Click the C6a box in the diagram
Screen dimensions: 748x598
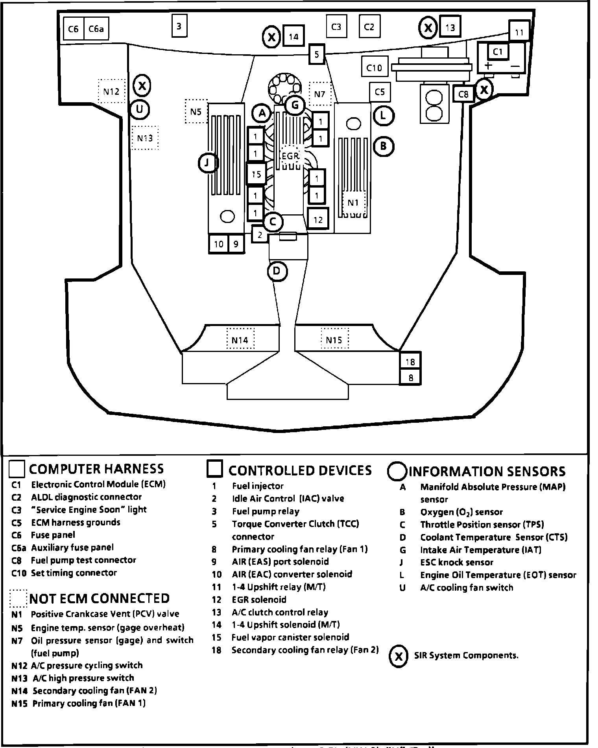(x=96, y=29)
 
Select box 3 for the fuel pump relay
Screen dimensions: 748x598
(x=179, y=26)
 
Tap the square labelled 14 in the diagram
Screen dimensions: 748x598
(x=293, y=37)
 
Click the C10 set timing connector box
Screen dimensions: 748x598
(x=374, y=68)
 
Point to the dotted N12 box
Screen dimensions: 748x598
(x=111, y=91)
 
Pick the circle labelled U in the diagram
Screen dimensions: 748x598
(x=140, y=109)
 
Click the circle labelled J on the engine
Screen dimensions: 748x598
(x=208, y=162)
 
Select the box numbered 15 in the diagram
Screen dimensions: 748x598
(x=256, y=174)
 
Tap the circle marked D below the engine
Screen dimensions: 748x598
(x=277, y=271)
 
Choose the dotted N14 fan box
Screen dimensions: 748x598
(x=240, y=339)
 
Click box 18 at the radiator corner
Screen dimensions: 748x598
(x=410, y=361)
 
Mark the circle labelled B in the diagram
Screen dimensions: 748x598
(x=383, y=146)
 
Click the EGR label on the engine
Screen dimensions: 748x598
(x=290, y=156)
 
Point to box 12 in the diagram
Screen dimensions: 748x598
(x=318, y=219)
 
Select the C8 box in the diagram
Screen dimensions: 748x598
(x=463, y=94)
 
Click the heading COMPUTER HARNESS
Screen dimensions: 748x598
(x=96, y=468)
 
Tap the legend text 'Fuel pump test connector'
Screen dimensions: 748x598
(x=83, y=560)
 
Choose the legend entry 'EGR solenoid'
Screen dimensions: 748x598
(x=259, y=599)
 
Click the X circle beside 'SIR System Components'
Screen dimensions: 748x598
(x=399, y=656)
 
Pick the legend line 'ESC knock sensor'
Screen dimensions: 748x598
(x=456, y=562)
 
